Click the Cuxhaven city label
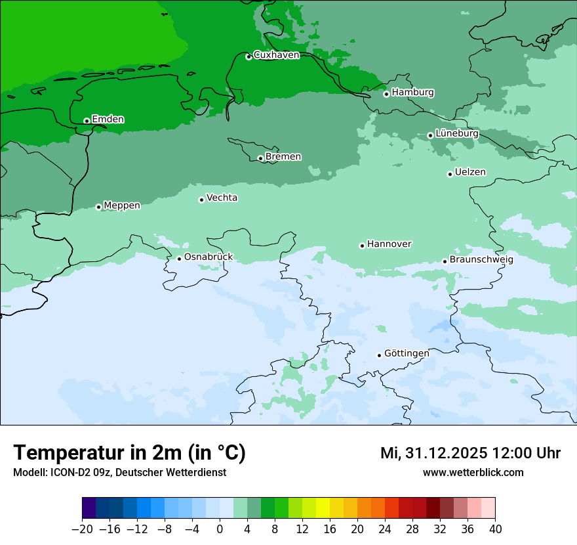point(276,55)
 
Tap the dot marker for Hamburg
point(386,94)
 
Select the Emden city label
point(108,119)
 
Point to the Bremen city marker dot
point(260,158)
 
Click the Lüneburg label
point(456,133)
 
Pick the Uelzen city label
point(470,172)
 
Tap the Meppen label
point(122,206)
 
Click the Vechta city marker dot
point(201,200)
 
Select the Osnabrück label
point(209,257)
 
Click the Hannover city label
point(389,244)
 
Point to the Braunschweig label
point(481,259)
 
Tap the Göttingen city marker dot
point(379,355)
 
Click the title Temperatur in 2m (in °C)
point(129,453)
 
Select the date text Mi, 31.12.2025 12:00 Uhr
point(470,453)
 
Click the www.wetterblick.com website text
point(473,472)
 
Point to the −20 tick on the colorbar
point(82,529)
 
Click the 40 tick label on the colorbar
point(495,529)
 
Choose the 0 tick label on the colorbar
point(220,529)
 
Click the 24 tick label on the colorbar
point(385,529)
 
